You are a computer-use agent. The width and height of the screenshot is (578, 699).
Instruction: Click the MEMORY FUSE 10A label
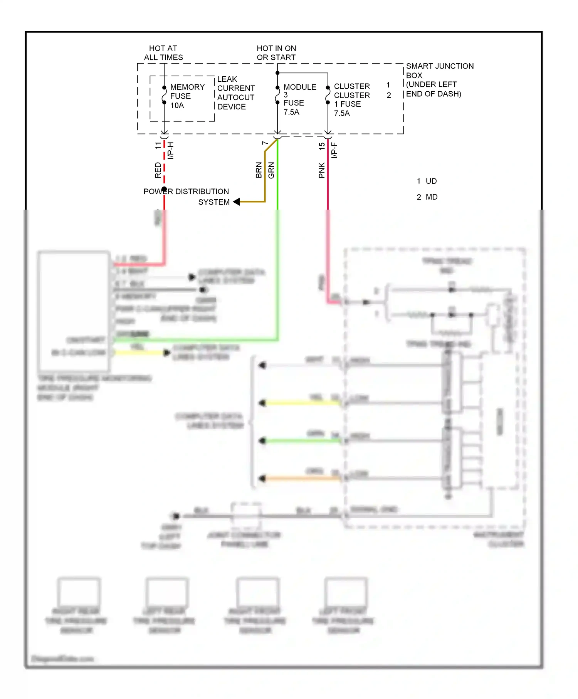tap(187, 96)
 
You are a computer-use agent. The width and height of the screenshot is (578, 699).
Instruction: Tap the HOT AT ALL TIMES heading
tap(163, 53)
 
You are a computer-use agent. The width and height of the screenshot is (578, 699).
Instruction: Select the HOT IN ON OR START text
tap(276, 53)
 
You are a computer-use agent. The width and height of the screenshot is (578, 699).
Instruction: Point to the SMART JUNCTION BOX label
tap(439, 71)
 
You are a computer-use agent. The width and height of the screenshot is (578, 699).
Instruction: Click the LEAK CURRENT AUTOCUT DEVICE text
tap(235, 93)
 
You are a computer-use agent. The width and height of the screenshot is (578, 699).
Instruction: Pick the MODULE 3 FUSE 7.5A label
tap(299, 99)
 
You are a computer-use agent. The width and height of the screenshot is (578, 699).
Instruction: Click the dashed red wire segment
tap(165, 162)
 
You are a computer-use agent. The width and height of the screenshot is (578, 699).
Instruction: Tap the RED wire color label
tap(158, 170)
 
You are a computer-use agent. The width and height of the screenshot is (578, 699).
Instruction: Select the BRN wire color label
tap(259, 170)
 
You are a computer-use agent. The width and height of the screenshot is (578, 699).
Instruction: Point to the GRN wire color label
tap(271, 170)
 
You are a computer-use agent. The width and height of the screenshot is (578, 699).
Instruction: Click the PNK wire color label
tap(322, 170)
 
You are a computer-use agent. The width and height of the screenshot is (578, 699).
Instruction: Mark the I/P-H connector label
tap(171, 150)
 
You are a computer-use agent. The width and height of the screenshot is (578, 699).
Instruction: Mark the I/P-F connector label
tap(334, 150)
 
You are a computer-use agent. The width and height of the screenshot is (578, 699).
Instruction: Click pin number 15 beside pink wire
tap(322, 146)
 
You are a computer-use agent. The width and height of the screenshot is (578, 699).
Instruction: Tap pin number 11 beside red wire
tap(158, 146)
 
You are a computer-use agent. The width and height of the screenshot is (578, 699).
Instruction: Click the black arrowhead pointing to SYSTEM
tap(237, 202)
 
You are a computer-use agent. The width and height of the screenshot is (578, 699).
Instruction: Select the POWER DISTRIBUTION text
tap(186, 192)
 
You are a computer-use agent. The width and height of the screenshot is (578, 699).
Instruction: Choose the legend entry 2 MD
tap(427, 197)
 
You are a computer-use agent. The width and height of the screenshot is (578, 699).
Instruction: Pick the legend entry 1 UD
tap(427, 181)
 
